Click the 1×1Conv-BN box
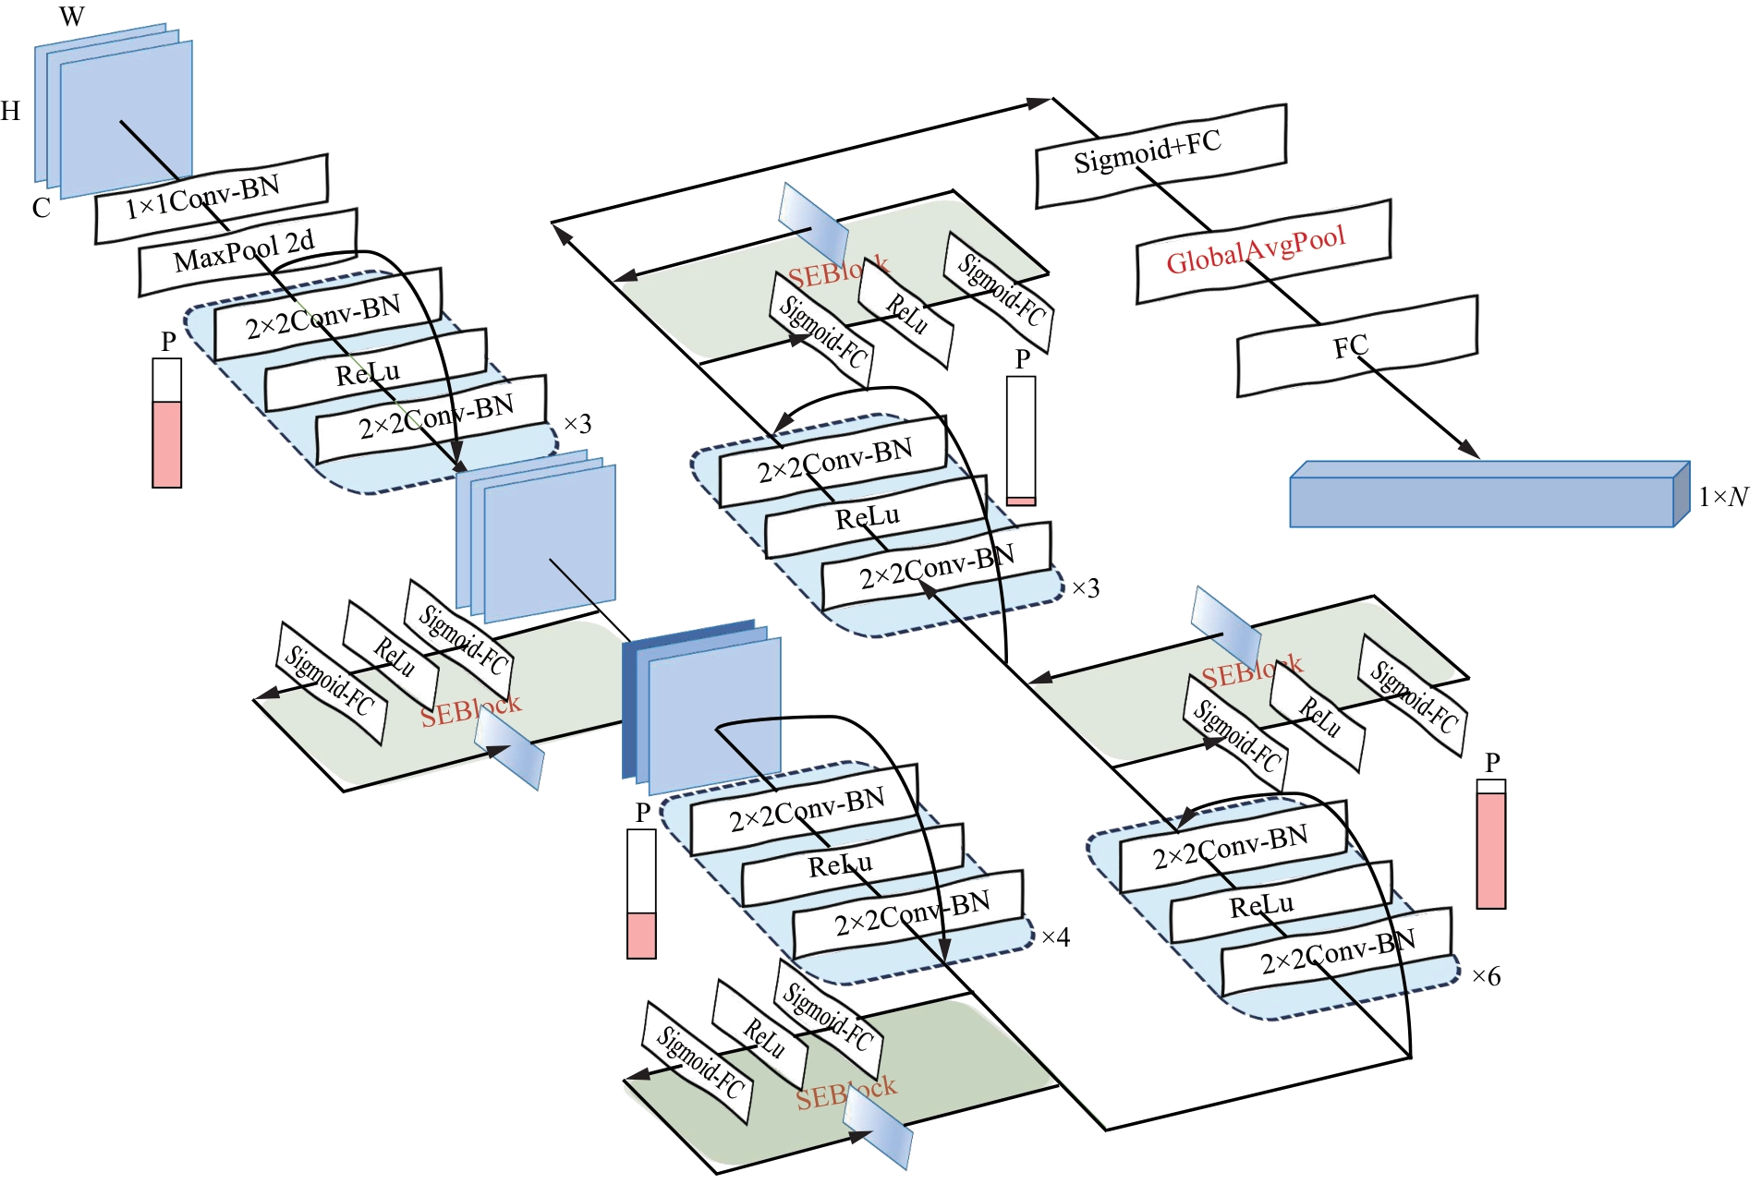click(211, 199)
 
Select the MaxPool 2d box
click(248, 251)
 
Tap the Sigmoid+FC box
click(1160, 154)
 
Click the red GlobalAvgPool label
click(1256, 250)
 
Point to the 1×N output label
click(1723, 497)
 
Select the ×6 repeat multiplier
click(1486, 976)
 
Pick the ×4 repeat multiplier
click(1055, 937)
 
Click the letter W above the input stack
click(71, 16)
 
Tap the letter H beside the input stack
click(10, 112)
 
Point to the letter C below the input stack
click(41, 208)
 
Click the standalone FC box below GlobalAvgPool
click(1356, 346)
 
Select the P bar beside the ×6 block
click(1490, 844)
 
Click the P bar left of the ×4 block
click(641, 893)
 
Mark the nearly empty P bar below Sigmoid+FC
click(1021, 441)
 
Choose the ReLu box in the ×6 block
click(1280, 902)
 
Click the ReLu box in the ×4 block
click(851, 866)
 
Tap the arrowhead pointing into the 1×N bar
click(1469, 451)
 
